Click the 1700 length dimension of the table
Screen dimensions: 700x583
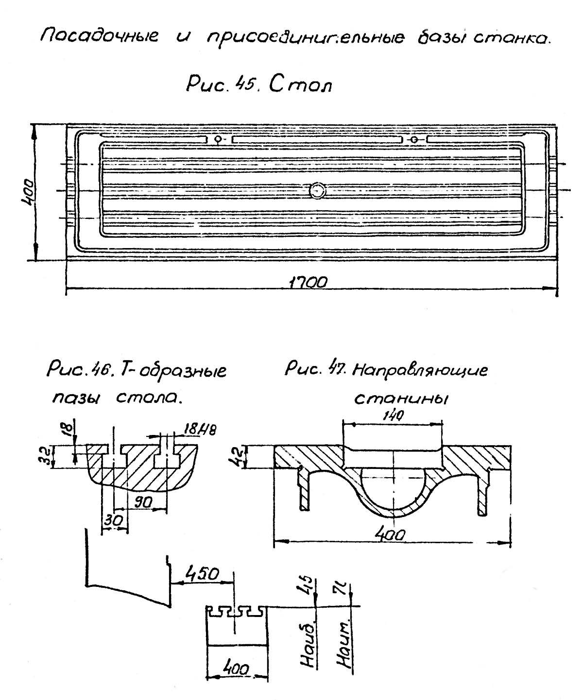pos(308,283)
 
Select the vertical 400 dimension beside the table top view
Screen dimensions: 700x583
pos(27,193)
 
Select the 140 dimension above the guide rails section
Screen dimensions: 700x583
pos(393,416)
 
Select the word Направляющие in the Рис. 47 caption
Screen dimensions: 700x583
pos(419,371)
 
